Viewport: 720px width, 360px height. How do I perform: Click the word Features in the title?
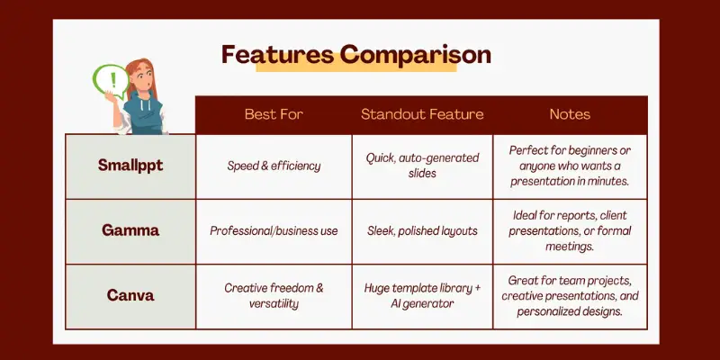point(277,55)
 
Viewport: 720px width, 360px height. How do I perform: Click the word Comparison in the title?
point(416,56)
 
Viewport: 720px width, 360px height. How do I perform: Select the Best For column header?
point(274,114)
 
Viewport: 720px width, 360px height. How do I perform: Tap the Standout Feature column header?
point(422,114)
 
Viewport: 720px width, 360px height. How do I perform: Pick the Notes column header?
point(570,114)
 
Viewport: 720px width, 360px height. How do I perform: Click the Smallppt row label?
point(130,166)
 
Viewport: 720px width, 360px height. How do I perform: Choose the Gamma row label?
point(130,230)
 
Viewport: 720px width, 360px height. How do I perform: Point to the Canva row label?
point(130,295)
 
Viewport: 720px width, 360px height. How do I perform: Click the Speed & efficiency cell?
point(274,166)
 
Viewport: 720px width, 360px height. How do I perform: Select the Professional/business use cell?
point(274,230)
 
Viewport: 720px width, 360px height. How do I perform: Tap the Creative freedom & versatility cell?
point(274,296)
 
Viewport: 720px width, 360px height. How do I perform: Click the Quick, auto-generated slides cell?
point(422,166)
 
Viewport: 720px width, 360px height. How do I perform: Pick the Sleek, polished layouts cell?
point(422,230)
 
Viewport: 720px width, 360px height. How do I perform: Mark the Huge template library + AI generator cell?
point(422,296)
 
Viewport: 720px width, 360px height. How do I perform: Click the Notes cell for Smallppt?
point(570,166)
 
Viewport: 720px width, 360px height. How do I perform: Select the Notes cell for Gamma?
point(570,231)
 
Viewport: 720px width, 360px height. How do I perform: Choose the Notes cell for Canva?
point(570,296)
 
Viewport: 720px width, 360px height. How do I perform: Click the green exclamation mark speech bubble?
point(111,81)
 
